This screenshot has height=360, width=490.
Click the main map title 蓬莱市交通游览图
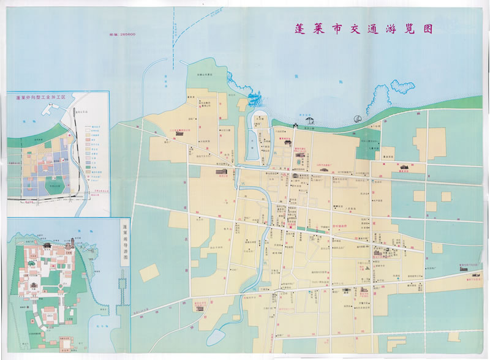point(355,29)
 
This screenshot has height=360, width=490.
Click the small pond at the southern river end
point(216,336)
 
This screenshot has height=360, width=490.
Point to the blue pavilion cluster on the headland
point(255,98)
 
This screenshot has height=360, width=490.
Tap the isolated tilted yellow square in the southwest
point(149,273)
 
